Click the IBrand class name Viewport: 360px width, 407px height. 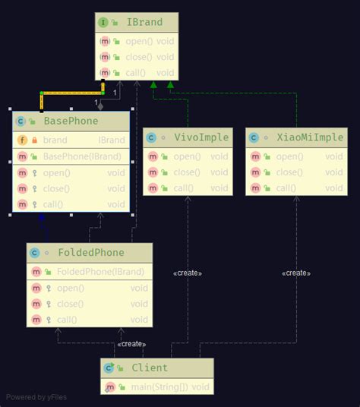(x=147, y=23)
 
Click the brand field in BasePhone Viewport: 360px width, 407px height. (x=55, y=140)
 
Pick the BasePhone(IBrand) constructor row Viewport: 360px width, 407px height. (x=77, y=156)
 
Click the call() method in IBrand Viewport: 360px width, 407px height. (x=137, y=73)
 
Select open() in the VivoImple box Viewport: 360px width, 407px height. (x=187, y=156)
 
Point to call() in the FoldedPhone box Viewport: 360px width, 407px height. (x=69, y=320)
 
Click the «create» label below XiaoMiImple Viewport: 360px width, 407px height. (x=296, y=273)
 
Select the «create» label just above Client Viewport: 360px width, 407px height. (x=131, y=344)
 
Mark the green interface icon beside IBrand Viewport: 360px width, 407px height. (x=103, y=23)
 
